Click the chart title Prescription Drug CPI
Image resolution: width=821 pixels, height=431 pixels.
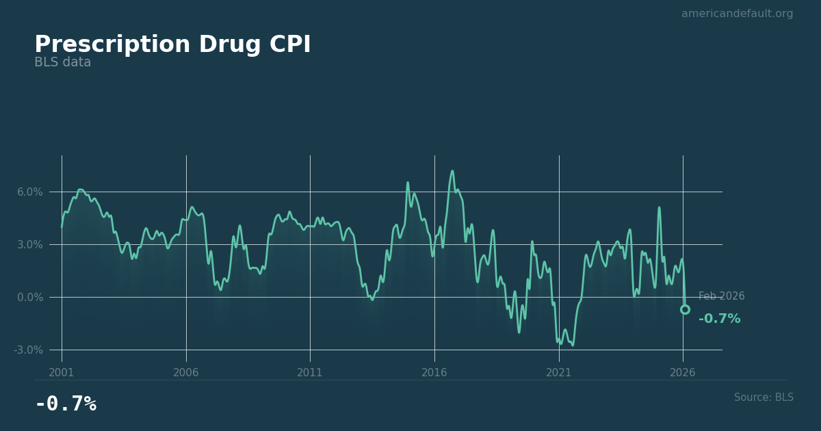pyautogui.click(x=172, y=45)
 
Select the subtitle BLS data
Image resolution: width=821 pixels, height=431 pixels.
pyautogui.click(x=62, y=63)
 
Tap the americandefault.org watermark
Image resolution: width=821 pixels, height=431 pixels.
pyautogui.click(x=737, y=14)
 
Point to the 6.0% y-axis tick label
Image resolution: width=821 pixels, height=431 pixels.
pyautogui.click(x=30, y=192)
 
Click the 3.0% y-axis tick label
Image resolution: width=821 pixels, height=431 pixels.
pyautogui.click(x=30, y=245)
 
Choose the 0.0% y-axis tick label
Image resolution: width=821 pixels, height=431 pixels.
pyautogui.click(x=30, y=298)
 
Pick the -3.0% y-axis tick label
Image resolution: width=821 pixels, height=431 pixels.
pyautogui.click(x=29, y=350)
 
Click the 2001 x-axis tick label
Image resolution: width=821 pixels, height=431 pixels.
pyautogui.click(x=62, y=373)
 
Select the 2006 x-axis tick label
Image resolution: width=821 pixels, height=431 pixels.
pyautogui.click(x=186, y=373)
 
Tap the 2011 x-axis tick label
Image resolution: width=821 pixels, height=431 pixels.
pyautogui.click(x=310, y=373)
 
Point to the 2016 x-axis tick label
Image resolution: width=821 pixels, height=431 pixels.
pyautogui.click(x=434, y=373)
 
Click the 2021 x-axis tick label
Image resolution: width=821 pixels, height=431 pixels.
pyautogui.click(x=559, y=373)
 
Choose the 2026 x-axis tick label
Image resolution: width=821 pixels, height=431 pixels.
pyautogui.click(x=683, y=373)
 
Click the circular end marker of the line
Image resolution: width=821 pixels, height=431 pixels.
pyautogui.click(x=685, y=310)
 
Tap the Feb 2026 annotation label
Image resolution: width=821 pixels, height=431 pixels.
pyautogui.click(x=721, y=297)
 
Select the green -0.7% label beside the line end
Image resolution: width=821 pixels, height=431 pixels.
pyautogui.click(x=719, y=319)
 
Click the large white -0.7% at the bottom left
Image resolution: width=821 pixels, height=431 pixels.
pyautogui.click(x=66, y=404)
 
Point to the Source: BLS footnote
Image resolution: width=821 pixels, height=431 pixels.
pyautogui.click(x=764, y=397)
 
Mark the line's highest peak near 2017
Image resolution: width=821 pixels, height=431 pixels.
pyautogui.click(x=452, y=171)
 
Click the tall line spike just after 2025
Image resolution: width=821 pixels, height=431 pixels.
pyautogui.click(x=659, y=207)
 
